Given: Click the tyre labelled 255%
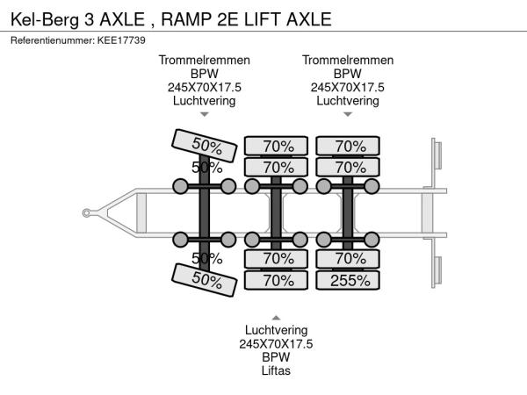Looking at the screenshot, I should pos(349,280).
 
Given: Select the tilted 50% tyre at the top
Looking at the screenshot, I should pos(205,144).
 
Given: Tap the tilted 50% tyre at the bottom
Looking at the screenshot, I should pos(205,280).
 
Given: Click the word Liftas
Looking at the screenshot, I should pos(276,370).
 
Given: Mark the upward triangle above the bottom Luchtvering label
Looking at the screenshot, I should pos(276,317).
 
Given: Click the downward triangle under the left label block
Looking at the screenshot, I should pos(205,114).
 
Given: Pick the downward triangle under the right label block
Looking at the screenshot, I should pos(348,114).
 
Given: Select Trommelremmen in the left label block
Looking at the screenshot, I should pos(205,61).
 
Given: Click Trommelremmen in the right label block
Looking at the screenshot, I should pos(348,61).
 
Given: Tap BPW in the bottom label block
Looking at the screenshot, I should pos(276,357).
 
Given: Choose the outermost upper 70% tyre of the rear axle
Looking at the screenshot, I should pos(349,146).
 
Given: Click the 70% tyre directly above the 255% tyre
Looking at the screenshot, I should pos(349,258).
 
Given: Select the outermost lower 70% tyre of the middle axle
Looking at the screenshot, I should pos(277,280).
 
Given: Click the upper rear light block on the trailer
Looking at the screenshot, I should pos(434,158).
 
